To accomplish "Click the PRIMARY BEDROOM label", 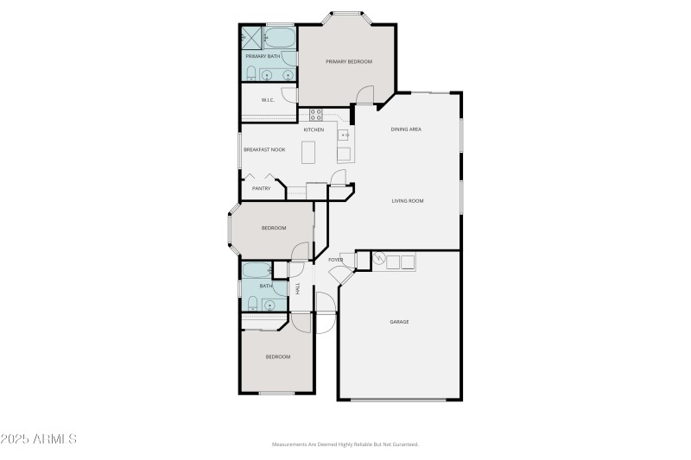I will (348, 62).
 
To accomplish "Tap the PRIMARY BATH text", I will (263, 56).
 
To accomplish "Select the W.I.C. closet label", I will (268, 100).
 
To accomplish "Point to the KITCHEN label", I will (314, 129).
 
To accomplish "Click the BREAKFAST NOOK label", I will (264, 149).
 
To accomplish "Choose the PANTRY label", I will (262, 188).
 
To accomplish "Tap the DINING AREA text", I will (406, 129).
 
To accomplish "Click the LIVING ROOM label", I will (408, 201).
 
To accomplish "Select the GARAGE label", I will (399, 322).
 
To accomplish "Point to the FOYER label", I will (335, 260).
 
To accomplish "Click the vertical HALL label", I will (298, 288).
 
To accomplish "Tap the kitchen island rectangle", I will (309, 152).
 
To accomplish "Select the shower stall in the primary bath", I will (251, 37).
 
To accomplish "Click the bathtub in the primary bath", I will (280, 37).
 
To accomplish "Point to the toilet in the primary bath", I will (250, 73).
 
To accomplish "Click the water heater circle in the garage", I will (378, 258).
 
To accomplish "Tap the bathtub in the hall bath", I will (257, 269).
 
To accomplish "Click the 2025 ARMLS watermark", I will (39, 439).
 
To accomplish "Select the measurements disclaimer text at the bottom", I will (345, 444).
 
